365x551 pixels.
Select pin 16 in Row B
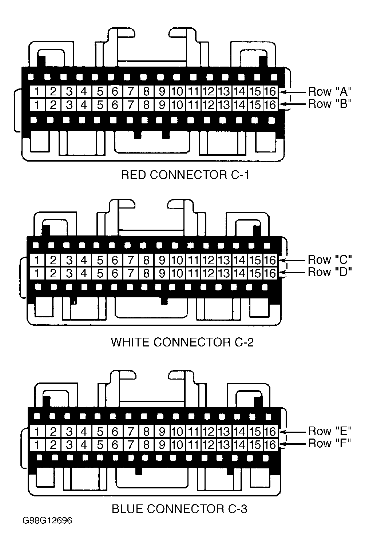[x=270, y=105]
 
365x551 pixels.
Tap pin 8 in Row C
[x=146, y=260]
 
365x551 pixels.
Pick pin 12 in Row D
[x=209, y=273]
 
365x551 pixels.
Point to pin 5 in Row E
[x=100, y=432]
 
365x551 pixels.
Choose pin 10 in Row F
[x=177, y=445]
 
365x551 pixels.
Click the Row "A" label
[x=330, y=91]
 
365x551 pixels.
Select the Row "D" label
[x=330, y=272]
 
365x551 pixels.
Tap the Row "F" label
[x=329, y=443]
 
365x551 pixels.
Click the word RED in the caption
[x=134, y=175]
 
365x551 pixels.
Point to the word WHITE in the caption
[x=130, y=342]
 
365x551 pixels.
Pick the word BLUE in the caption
[x=127, y=509]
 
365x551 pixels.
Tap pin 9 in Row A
[x=162, y=91]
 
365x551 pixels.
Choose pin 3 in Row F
[x=69, y=445]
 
